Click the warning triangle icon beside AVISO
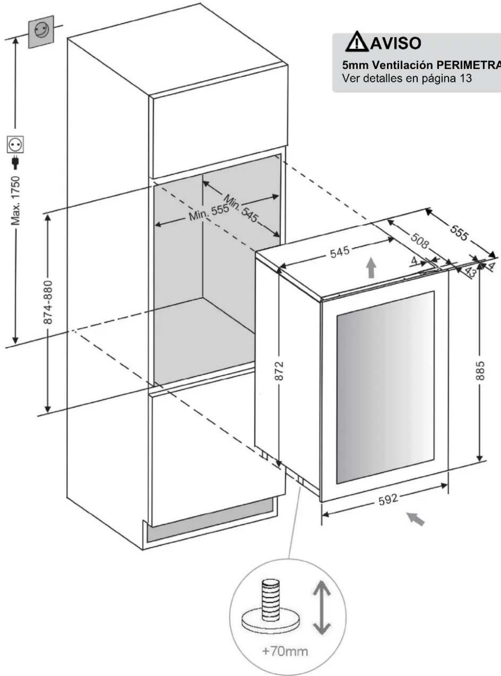[x=357, y=42]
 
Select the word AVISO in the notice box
[x=396, y=43]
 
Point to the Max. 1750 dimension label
[x=16, y=200]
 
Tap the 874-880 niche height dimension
[x=48, y=302]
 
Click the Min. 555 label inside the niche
[x=208, y=213]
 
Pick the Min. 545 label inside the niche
[x=241, y=208]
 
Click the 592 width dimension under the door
[x=388, y=499]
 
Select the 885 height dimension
[x=480, y=371]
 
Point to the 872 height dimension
[x=279, y=371]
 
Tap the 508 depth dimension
[x=420, y=241]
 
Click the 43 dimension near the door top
[x=470, y=272]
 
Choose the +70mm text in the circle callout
[x=285, y=651]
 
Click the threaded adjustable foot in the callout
[x=271, y=608]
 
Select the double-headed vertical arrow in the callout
[x=322, y=608]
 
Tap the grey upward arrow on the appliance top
[x=371, y=267]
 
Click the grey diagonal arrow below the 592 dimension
[x=415, y=519]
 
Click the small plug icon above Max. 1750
[x=16, y=162]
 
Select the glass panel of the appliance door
[x=385, y=388]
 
